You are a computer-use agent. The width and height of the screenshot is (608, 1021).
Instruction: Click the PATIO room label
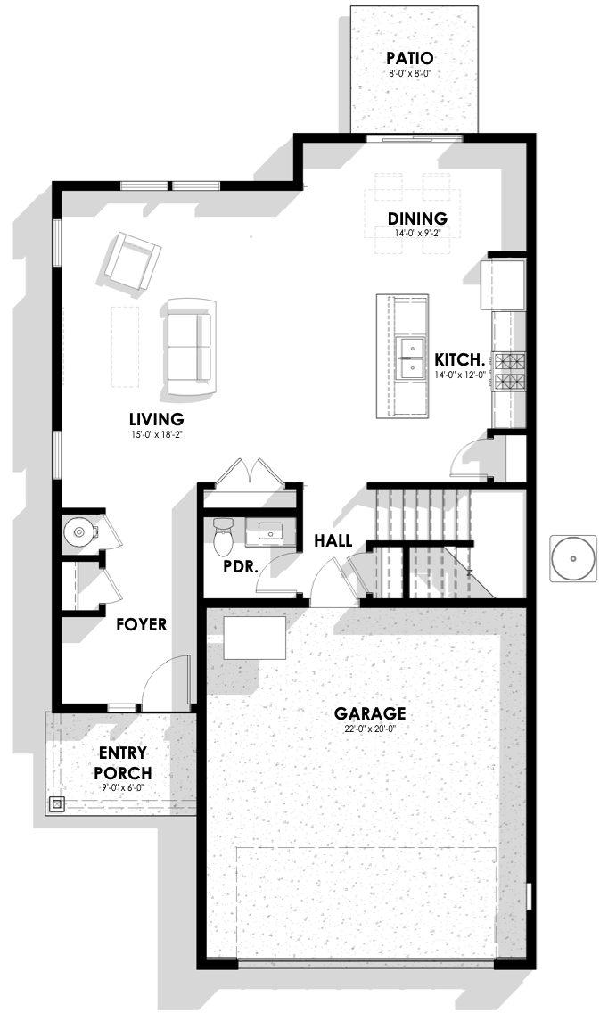pos(409,59)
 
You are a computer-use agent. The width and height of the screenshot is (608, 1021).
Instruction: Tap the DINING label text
pos(417,218)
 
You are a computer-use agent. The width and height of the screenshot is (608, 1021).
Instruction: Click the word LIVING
pos(156,419)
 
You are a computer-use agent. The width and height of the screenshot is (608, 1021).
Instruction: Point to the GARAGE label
pos(370,713)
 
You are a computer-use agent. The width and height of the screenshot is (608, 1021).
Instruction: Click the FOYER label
pos(141,624)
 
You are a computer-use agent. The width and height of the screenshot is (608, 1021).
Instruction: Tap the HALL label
pos(333,540)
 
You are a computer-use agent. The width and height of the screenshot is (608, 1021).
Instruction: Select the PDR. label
pos(241,566)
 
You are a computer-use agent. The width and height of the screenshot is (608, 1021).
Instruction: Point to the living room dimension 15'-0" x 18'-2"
pos(156,433)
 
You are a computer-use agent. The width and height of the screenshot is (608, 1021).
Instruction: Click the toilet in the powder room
pos(223,534)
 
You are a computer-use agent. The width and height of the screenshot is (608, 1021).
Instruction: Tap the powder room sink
pos(269,531)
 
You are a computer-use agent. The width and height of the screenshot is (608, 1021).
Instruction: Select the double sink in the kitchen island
pos(411,358)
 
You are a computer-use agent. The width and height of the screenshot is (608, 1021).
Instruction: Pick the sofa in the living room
pos(190,346)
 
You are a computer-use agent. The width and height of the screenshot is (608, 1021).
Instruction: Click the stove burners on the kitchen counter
pos(510,372)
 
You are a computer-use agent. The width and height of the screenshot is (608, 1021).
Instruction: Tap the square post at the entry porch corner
pos(57,803)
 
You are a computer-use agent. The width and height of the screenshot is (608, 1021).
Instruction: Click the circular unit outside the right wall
pos(573,558)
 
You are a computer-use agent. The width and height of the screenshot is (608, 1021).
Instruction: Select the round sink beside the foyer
pos(79,532)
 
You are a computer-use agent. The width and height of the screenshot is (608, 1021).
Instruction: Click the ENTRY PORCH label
pos(123,763)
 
